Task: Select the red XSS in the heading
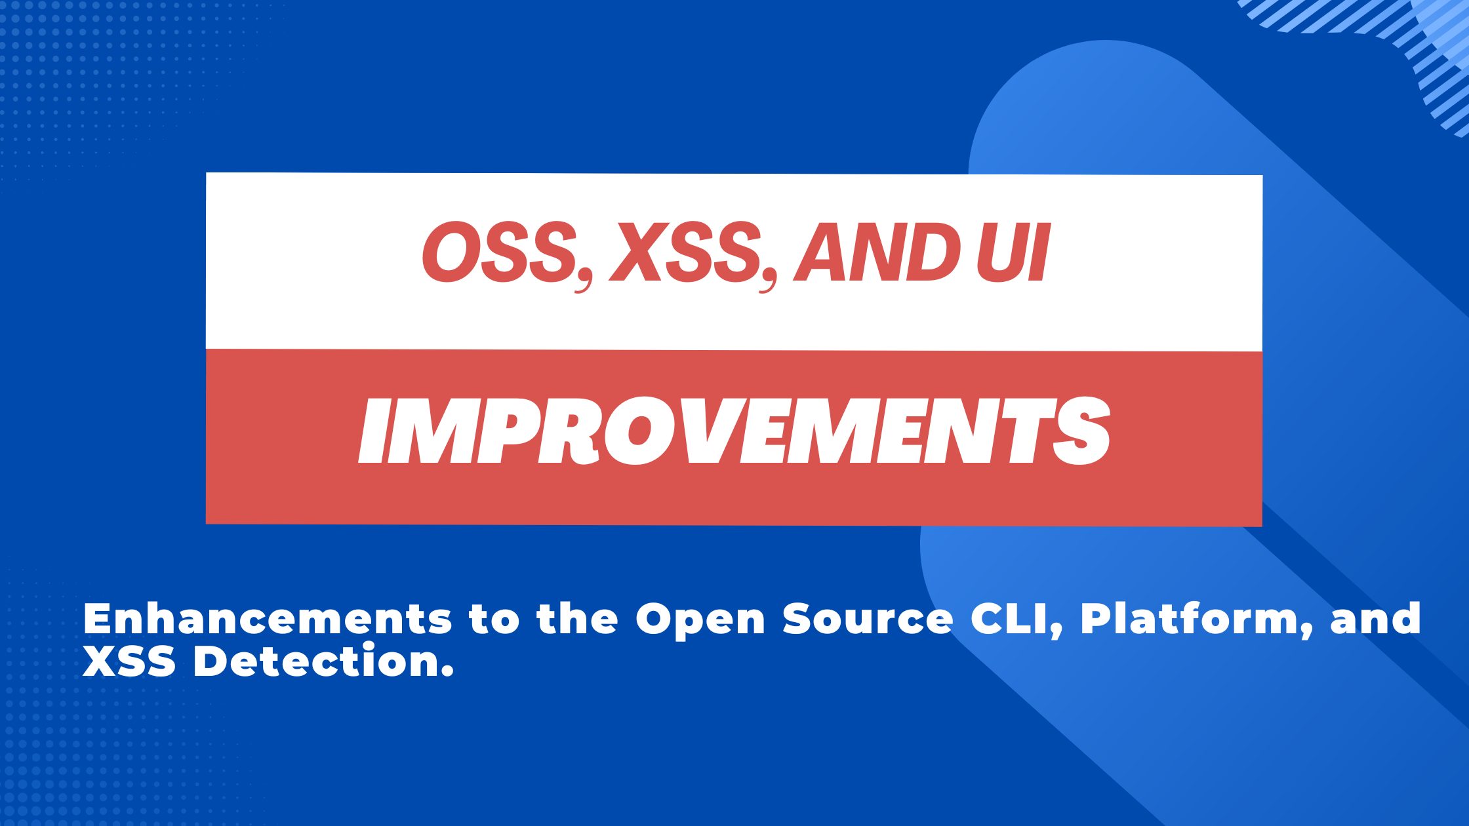pos(686,252)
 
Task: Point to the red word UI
pos(1013,252)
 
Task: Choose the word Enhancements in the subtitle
pos(268,619)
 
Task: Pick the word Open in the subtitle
pos(700,621)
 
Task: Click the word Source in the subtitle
pos(868,619)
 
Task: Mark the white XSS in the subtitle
pos(130,661)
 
